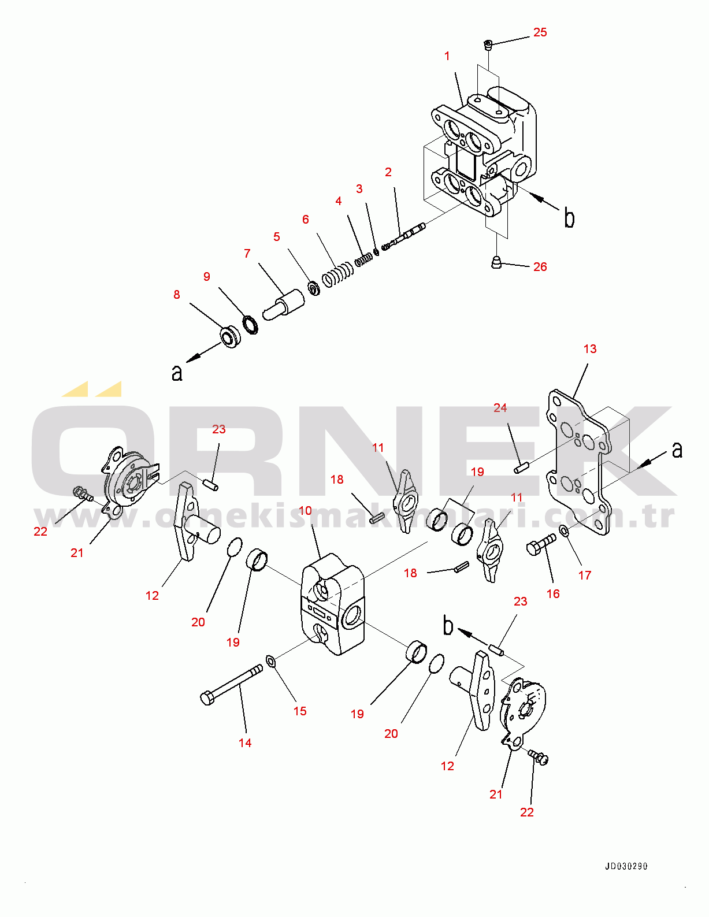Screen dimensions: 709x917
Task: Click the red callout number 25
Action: click(540, 32)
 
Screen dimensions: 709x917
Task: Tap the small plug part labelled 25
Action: click(488, 44)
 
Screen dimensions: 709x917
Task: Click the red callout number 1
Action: click(447, 55)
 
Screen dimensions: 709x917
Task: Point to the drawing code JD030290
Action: click(626, 866)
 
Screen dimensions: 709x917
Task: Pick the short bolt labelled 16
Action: click(541, 544)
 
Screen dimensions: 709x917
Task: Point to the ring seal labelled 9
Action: click(251, 324)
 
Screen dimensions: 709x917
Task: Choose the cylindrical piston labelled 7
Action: click(284, 305)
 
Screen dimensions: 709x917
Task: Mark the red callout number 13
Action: click(589, 349)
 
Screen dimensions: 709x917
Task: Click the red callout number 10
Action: click(305, 511)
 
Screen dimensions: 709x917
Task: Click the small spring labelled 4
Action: click(364, 259)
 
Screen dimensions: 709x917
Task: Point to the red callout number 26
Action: click(540, 267)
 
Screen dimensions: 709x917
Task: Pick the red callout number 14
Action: click(245, 742)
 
